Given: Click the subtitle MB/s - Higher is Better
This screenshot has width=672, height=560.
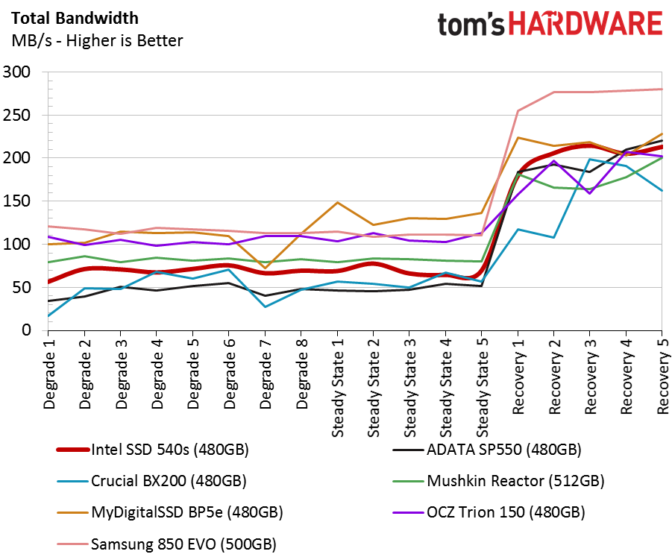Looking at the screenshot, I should (96, 41).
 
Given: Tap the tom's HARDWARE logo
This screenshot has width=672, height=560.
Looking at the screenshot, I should (550, 25).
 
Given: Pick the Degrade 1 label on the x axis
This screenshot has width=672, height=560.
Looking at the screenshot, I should (50, 373).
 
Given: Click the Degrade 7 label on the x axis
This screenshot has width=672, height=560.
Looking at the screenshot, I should (266, 373).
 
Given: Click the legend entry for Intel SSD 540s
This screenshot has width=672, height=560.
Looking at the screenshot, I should (169, 450).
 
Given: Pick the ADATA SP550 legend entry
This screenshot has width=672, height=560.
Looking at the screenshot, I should (503, 450).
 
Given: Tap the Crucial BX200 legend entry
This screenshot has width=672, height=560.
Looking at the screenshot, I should (169, 481).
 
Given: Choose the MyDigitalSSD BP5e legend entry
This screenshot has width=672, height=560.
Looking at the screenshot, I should (186, 512).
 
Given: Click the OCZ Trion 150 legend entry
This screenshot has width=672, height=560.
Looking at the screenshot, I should (506, 512).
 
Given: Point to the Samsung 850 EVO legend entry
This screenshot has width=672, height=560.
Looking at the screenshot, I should (182, 544).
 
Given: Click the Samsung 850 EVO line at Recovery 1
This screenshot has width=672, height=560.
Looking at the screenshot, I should (518, 110).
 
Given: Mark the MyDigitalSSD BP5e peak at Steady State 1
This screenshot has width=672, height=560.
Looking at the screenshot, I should (338, 202).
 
